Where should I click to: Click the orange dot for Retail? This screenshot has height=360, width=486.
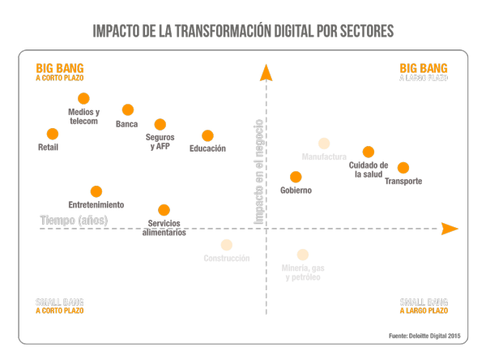point(53,134)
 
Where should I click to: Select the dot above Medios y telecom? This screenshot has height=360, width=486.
point(83,98)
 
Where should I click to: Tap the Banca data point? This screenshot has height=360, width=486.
point(127,109)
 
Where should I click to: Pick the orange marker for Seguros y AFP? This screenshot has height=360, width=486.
point(160,124)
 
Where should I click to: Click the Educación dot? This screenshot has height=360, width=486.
point(207,135)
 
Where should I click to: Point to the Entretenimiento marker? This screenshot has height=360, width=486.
point(96,191)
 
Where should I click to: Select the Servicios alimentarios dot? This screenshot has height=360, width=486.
point(164,210)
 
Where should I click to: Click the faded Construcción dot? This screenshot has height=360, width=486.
point(227,245)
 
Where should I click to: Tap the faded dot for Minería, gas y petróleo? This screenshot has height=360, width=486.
point(302,255)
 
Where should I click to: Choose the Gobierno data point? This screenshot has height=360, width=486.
point(296,177)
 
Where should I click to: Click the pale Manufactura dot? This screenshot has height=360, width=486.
point(324,144)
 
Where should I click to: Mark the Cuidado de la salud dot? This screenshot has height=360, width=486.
point(369,152)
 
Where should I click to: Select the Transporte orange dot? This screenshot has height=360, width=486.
point(403,168)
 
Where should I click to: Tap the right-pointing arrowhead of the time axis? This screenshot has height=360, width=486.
point(450,229)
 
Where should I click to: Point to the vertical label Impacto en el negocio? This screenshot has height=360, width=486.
point(258,171)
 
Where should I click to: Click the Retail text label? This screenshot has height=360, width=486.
point(49,148)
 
